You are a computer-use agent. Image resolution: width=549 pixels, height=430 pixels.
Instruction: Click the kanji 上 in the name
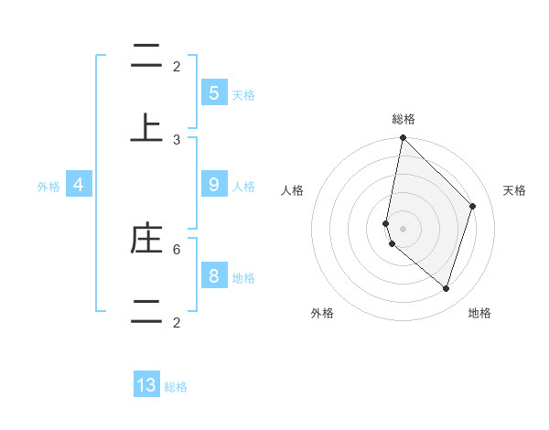click(146, 127)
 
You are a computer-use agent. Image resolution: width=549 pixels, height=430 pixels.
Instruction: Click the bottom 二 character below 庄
click(146, 310)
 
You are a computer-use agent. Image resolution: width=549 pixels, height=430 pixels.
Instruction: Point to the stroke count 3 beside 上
click(177, 139)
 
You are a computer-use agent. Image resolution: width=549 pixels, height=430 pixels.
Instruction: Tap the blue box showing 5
click(213, 92)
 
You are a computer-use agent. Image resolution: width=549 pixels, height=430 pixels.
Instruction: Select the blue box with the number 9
click(213, 185)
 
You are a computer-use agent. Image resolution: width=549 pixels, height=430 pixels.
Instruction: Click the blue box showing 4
click(79, 185)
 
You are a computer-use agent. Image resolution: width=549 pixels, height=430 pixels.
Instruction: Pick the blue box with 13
click(146, 385)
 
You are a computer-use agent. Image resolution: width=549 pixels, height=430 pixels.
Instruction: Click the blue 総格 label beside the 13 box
click(176, 387)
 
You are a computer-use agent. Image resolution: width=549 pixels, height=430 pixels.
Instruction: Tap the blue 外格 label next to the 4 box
click(48, 186)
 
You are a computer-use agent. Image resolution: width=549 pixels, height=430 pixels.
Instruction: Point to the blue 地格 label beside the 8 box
click(243, 278)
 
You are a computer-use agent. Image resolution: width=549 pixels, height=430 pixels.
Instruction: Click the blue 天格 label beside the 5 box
click(243, 94)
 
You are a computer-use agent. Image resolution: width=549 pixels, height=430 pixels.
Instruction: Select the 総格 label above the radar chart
click(404, 119)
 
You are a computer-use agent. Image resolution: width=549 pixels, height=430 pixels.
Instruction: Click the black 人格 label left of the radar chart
click(293, 190)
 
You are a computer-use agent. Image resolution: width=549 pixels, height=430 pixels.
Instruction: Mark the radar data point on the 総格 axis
click(403, 138)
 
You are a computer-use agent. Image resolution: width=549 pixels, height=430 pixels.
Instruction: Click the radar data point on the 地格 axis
click(446, 288)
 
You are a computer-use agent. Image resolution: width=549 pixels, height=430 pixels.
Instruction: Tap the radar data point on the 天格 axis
click(472, 206)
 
